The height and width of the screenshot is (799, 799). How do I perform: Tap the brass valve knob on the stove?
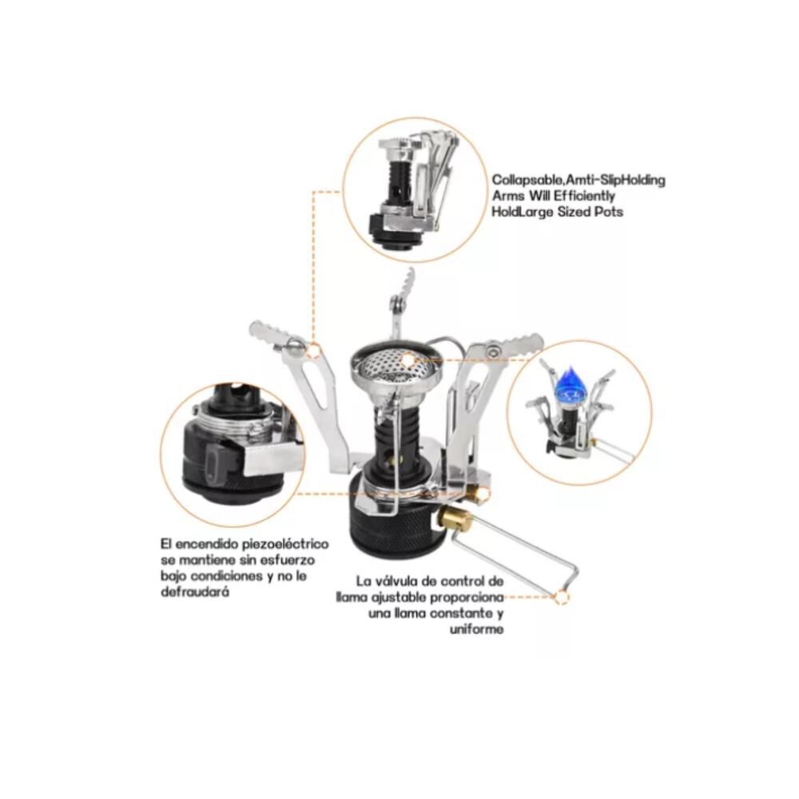(x=451, y=519)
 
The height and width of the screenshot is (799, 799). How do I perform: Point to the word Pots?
(x=610, y=212)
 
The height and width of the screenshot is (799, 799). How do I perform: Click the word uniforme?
(x=476, y=630)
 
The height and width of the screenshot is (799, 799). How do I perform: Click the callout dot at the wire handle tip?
(x=562, y=597)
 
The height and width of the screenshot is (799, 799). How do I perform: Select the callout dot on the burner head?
(x=408, y=361)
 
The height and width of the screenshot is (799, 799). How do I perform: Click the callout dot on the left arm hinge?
(x=314, y=351)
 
